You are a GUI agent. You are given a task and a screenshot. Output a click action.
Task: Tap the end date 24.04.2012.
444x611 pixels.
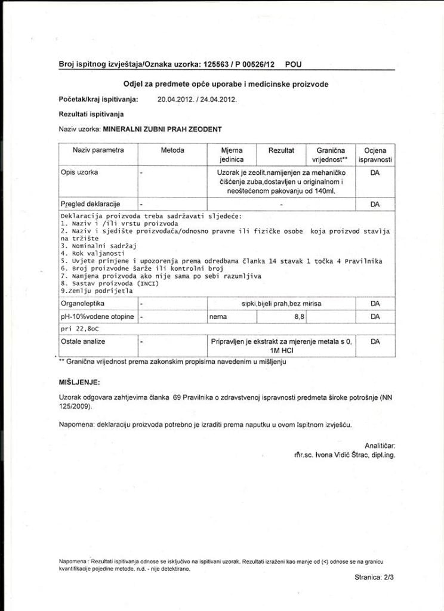pyautogui.click(x=218, y=100)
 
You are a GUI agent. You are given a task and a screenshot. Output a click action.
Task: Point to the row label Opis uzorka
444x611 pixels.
pyautogui.click(x=79, y=172)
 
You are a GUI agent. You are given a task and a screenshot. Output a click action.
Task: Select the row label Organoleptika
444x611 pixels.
pyautogui.click(x=83, y=304)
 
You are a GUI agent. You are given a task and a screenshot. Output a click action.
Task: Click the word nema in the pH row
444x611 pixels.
pyautogui.click(x=217, y=317)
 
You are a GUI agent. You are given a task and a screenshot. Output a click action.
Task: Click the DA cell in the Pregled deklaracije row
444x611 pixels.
pyautogui.click(x=375, y=204)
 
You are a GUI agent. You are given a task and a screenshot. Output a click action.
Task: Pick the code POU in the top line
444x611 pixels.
pyautogui.click(x=293, y=63)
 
